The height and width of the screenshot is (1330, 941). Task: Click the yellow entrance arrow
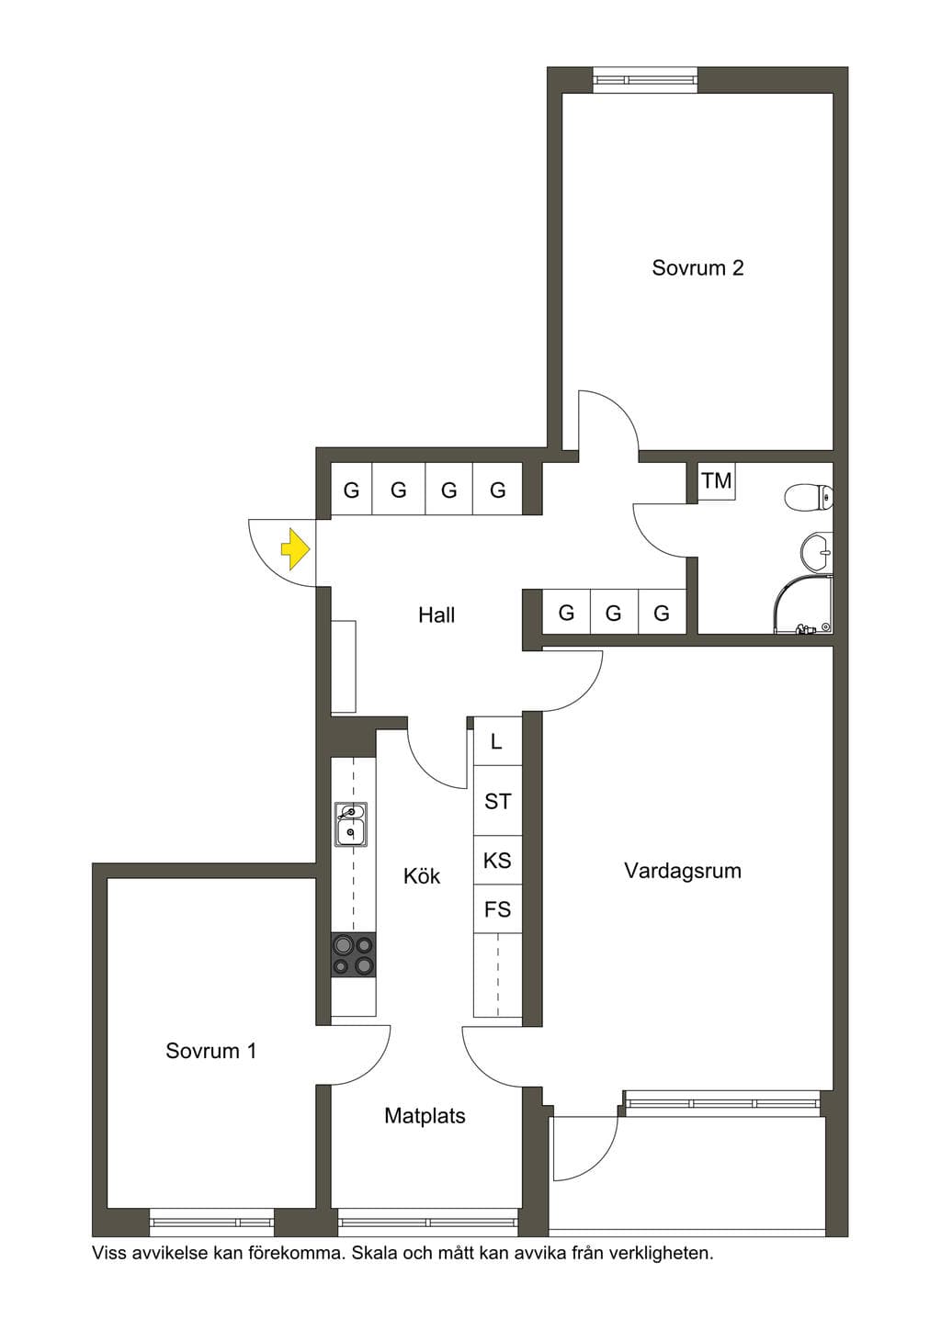click(x=295, y=548)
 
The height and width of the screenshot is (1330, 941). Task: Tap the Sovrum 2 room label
click(x=697, y=268)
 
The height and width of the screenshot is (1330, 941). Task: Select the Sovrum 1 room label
click(x=210, y=1067)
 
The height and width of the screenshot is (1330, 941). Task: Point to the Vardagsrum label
click(x=683, y=871)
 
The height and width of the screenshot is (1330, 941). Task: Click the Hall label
click(x=436, y=615)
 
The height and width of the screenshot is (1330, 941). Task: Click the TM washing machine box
click(x=717, y=481)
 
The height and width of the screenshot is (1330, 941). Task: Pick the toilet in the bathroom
click(x=809, y=498)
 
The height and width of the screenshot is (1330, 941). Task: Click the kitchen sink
click(x=350, y=824)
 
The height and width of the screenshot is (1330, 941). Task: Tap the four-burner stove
click(x=354, y=954)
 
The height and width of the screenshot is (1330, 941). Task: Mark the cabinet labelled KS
click(x=497, y=861)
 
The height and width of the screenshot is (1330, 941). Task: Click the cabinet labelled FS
click(x=497, y=909)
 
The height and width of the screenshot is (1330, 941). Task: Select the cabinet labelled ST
click(x=497, y=801)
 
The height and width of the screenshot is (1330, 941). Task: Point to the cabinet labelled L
click(x=497, y=741)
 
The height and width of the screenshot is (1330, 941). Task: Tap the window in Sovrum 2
click(x=645, y=80)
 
